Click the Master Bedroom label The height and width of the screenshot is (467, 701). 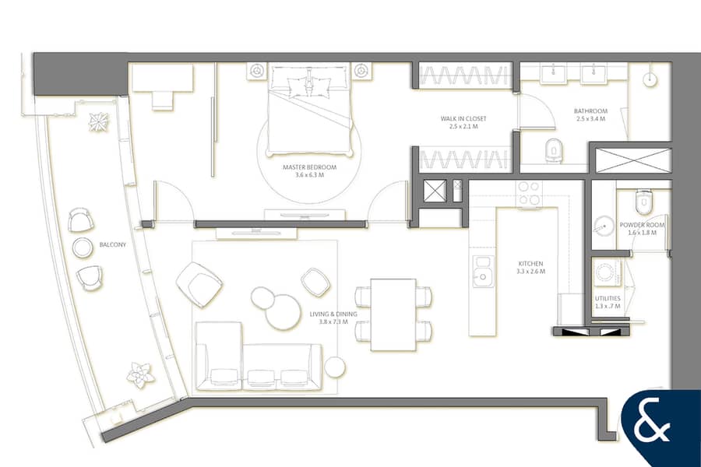coord(309,167)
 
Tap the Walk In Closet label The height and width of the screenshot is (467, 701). coord(463,118)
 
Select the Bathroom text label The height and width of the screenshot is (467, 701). coord(590,111)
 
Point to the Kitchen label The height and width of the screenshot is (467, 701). coord(530,264)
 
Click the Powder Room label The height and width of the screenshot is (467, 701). coord(642,225)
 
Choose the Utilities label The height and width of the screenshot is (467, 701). coord(608,298)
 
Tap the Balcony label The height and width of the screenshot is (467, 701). coord(113,244)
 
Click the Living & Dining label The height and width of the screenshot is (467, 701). coord(333,314)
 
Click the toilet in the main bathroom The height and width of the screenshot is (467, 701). coord(554,149)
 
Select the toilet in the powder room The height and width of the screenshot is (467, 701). coord(643,202)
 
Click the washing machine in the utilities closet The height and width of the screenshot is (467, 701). coord(607,272)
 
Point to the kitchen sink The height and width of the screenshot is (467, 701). coord(483,272)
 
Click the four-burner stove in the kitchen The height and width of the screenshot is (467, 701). coord(530,194)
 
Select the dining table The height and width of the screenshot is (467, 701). coord(393,315)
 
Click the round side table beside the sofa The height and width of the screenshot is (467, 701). coord(335,367)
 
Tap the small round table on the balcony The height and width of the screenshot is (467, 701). coord(83,248)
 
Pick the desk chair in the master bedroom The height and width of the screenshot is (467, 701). coord(162,100)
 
